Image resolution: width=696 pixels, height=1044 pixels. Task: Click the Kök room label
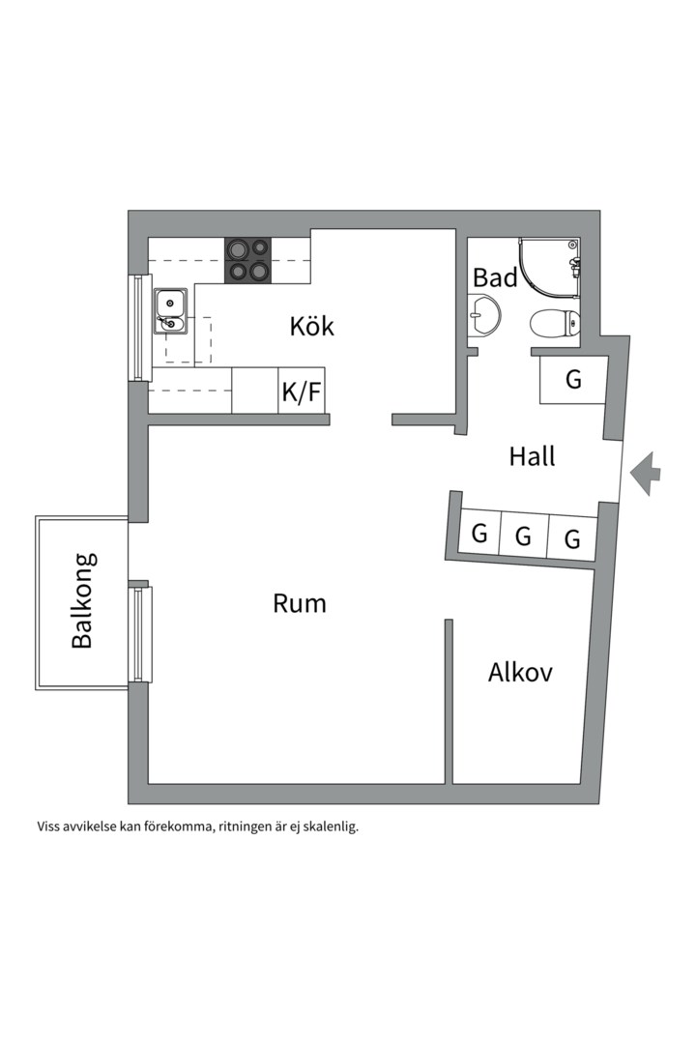click(x=311, y=326)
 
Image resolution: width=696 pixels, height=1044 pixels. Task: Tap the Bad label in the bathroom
click(x=495, y=278)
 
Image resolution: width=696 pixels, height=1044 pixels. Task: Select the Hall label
click(x=532, y=456)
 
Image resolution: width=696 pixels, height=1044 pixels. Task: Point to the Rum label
click(x=299, y=604)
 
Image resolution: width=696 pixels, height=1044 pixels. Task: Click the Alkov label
click(x=520, y=672)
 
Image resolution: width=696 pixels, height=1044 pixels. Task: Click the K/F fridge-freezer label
click(x=301, y=392)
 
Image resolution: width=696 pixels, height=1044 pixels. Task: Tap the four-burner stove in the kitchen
click(x=247, y=260)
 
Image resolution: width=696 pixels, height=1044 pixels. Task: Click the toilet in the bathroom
click(x=555, y=323)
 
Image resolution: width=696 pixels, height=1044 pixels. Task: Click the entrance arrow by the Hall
click(x=645, y=474)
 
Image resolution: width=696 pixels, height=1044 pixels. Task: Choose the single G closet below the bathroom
click(x=573, y=380)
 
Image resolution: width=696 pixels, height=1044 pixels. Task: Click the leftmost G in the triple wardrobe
click(x=478, y=534)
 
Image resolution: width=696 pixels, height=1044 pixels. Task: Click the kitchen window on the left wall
click(x=138, y=328)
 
